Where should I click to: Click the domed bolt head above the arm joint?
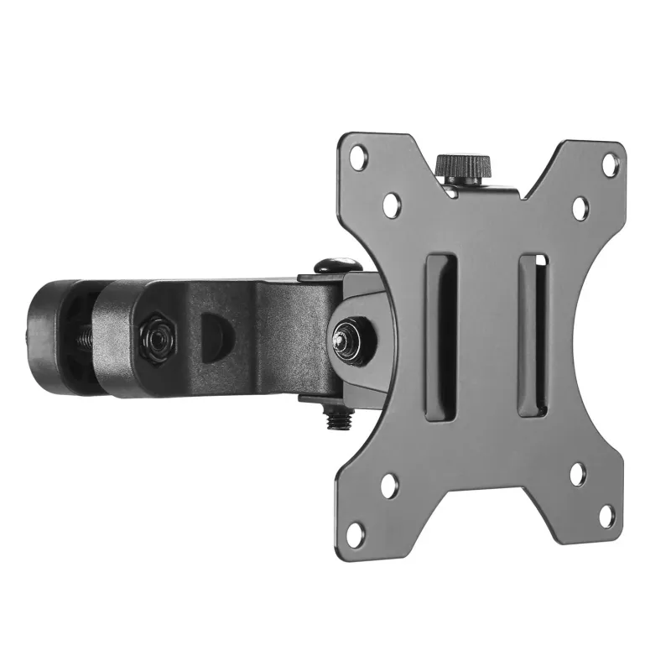(338, 265)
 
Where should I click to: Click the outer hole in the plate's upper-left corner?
(359, 155)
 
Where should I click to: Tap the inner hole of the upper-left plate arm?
(391, 204)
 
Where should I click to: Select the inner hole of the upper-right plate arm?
(580, 207)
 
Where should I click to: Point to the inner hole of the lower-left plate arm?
(389, 485)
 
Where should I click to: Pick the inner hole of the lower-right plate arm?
(577, 473)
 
